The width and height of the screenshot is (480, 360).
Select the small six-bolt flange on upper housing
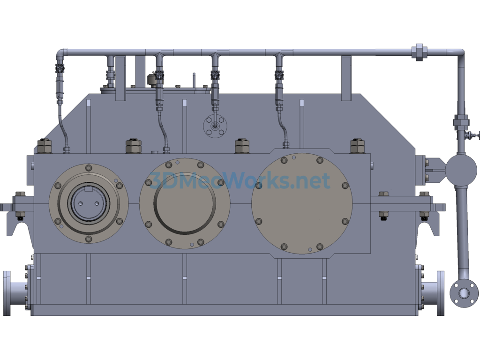point(215,125)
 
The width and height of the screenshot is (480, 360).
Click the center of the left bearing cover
point(88,203)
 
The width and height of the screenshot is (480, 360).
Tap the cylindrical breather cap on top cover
point(152,80)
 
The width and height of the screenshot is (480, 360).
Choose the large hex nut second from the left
point(133,146)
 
